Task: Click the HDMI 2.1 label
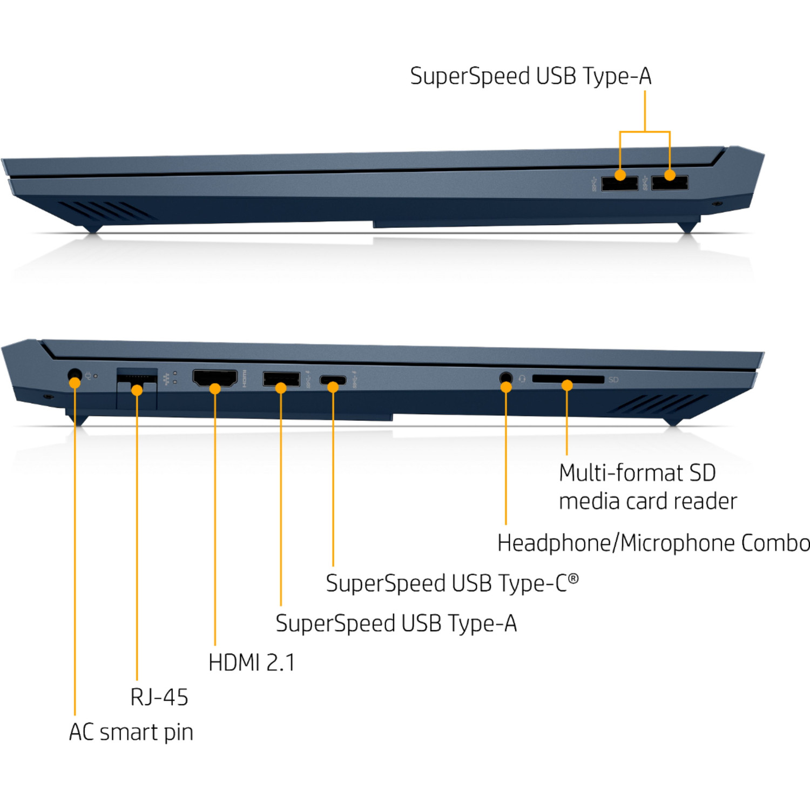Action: [252, 663]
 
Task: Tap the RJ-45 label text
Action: [159, 697]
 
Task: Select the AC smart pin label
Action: [131, 732]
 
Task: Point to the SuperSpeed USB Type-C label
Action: [452, 583]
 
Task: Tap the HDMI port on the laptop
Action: [215, 378]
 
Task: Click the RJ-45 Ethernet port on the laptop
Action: [137, 378]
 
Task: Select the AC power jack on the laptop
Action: [75, 375]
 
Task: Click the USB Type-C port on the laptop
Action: [333, 380]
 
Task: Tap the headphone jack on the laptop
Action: [506, 377]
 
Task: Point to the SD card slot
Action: [568, 379]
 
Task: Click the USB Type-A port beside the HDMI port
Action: [281, 379]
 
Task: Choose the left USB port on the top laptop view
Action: [619, 183]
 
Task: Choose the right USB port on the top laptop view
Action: [670, 183]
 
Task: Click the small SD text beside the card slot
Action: [613, 380]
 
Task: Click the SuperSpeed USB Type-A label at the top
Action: [530, 76]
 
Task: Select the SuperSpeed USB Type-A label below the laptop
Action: [396, 624]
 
